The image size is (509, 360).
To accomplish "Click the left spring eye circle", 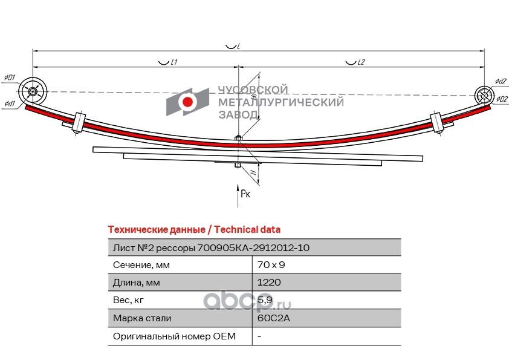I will pyautogui.click(x=33, y=93).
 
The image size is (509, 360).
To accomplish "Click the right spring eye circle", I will pyautogui.click(x=484, y=95).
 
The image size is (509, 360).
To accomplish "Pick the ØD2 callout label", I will pyautogui.click(x=501, y=99).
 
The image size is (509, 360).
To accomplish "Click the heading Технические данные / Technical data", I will pyautogui.click(x=194, y=229).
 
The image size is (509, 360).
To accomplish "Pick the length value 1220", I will pyautogui.click(x=269, y=283).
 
